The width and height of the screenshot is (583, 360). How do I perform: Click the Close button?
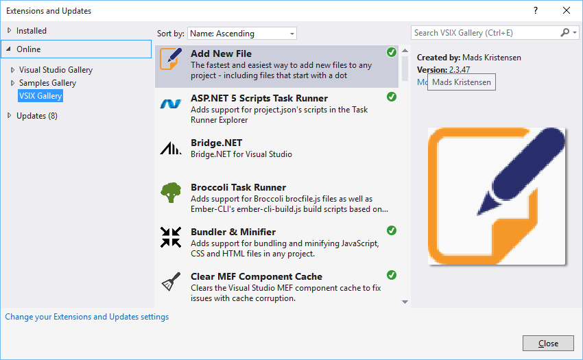pyautogui.click(x=547, y=343)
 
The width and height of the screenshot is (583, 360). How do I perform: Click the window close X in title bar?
pyautogui.click(x=566, y=11)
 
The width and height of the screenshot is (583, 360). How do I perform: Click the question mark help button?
pyautogui.click(x=535, y=11)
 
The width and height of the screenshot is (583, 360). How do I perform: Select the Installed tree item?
pyautogui.click(x=32, y=31)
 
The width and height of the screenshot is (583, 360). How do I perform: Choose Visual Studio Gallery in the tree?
pyautogui.click(x=56, y=70)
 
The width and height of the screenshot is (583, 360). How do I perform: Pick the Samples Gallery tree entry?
pyautogui.click(x=47, y=83)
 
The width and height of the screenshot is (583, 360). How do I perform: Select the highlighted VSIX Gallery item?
pyautogui.click(x=40, y=96)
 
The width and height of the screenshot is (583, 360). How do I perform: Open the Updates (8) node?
pyautogui.click(x=37, y=116)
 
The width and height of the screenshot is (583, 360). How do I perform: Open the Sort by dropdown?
pyautogui.click(x=242, y=34)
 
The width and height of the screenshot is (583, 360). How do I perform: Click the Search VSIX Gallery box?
pyautogui.click(x=486, y=33)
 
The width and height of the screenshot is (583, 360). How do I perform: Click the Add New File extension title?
pyautogui.click(x=221, y=53)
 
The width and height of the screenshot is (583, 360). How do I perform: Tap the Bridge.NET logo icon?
pyautogui.click(x=170, y=148)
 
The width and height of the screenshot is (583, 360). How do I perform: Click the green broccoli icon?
pyautogui.click(x=170, y=192)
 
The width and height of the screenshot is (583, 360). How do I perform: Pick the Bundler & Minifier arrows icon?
pyautogui.click(x=170, y=237)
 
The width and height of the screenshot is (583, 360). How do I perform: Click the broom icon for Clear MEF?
pyautogui.click(x=170, y=282)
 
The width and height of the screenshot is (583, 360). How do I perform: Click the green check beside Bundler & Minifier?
pyautogui.click(x=392, y=230)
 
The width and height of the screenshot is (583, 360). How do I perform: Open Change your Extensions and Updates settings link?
pyautogui.click(x=87, y=317)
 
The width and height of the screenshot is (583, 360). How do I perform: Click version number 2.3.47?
pyautogui.click(x=459, y=70)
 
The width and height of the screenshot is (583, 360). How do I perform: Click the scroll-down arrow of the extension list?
pyautogui.click(x=405, y=302)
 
